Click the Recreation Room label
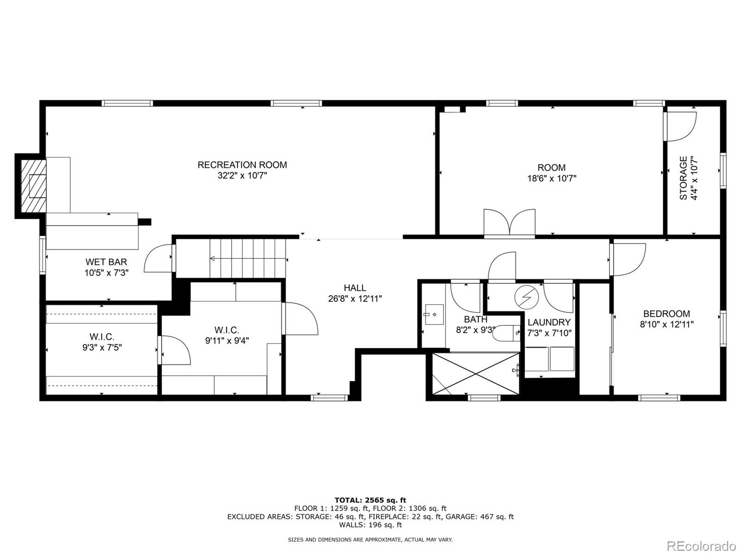click(x=242, y=165)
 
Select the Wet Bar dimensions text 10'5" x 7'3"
click(x=106, y=273)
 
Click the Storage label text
click(x=684, y=178)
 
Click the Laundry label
click(x=549, y=322)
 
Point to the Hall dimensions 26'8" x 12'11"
click(x=355, y=299)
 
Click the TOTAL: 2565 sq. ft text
click(x=370, y=500)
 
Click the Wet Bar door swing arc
click(x=158, y=259)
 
